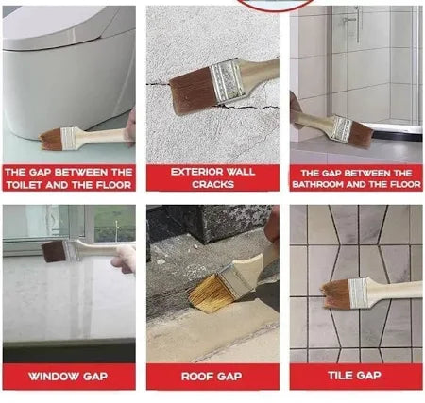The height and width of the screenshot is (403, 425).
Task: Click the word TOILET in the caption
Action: coord(24,185)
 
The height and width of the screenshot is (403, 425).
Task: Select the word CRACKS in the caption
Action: coord(212,184)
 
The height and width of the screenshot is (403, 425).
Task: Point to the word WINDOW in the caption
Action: coord(54,377)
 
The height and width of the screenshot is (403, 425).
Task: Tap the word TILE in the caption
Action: coord(340,376)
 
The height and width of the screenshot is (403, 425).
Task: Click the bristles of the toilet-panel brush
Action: coord(50,139)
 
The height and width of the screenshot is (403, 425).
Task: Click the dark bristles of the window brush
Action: coord(54,251)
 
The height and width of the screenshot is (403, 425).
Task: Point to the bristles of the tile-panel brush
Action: coord(336,294)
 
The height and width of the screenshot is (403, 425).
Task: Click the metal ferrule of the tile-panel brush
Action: coord(358,294)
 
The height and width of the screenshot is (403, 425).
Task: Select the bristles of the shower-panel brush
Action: coord(361,135)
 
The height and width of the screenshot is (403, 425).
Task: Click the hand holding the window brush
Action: coord(125,258)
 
